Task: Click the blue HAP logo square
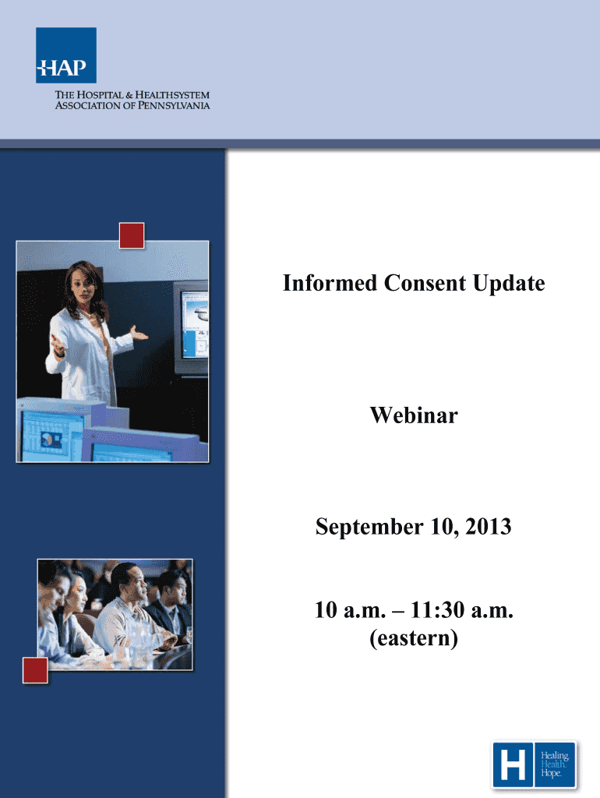(x=65, y=55)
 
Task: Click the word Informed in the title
(x=330, y=283)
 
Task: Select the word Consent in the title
(x=425, y=283)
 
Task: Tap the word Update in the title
(x=509, y=284)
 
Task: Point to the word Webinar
(x=414, y=415)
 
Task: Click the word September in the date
(x=369, y=527)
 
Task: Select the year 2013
(x=489, y=526)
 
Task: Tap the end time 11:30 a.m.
(x=462, y=609)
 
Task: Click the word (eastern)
(x=414, y=637)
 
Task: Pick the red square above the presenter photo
(x=132, y=235)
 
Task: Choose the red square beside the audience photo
(x=35, y=669)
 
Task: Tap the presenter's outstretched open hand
(x=137, y=334)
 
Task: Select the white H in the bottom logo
(x=513, y=764)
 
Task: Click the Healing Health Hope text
(x=554, y=764)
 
